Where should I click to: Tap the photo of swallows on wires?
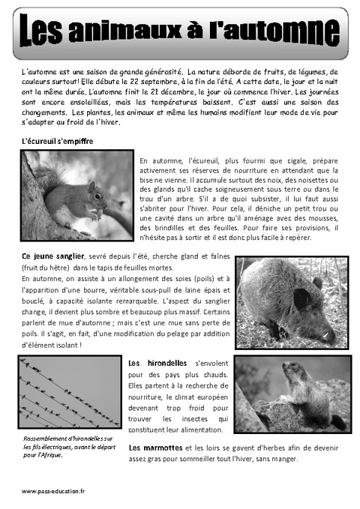70,391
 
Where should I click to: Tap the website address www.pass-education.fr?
53,491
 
